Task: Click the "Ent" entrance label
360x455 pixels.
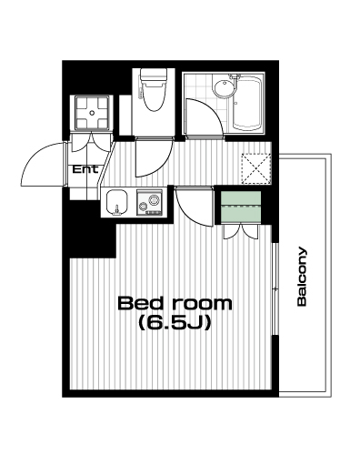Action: pyautogui.click(x=85, y=169)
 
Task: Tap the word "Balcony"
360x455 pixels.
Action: pyautogui.click(x=302, y=277)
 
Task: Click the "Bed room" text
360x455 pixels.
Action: pyautogui.click(x=175, y=303)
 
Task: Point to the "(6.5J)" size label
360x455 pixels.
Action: pyautogui.click(x=175, y=323)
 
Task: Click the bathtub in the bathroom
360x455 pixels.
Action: pyautogui.click(x=246, y=103)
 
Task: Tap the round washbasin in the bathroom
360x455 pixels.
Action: pyautogui.click(x=225, y=88)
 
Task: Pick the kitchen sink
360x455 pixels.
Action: pyautogui.click(x=116, y=203)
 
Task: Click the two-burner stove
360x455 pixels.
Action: pyautogui.click(x=149, y=203)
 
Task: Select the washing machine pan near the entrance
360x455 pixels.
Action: pyautogui.click(x=92, y=113)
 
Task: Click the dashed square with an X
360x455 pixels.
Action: pyautogui.click(x=256, y=169)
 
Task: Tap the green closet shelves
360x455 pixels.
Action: pyautogui.click(x=241, y=207)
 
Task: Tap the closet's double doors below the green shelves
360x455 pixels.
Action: pyautogui.click(x=241, y=232)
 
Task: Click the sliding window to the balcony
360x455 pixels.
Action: pyautogui.click(x=275, y=288)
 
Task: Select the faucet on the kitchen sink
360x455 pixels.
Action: pyautogui.click(x=116, y=210)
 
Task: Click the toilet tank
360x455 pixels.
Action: pyautogui.click(x=154, y=75)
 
